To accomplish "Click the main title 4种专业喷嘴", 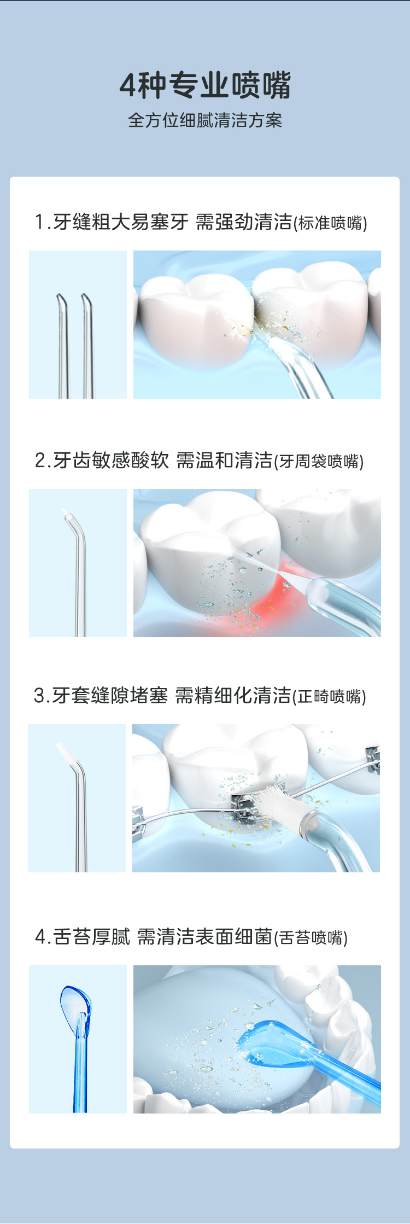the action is coord(205,85).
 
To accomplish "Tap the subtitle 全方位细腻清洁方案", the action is coord(205,120).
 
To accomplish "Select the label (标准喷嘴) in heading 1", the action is coord(331,223).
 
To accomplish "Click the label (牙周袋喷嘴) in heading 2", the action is coord(319,462).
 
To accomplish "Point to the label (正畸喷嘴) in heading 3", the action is coord(330,697).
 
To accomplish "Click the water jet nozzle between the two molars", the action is coord(301,366).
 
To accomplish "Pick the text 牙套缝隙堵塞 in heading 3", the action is coord(110,696).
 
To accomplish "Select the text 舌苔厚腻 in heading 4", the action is coord(92,937).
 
